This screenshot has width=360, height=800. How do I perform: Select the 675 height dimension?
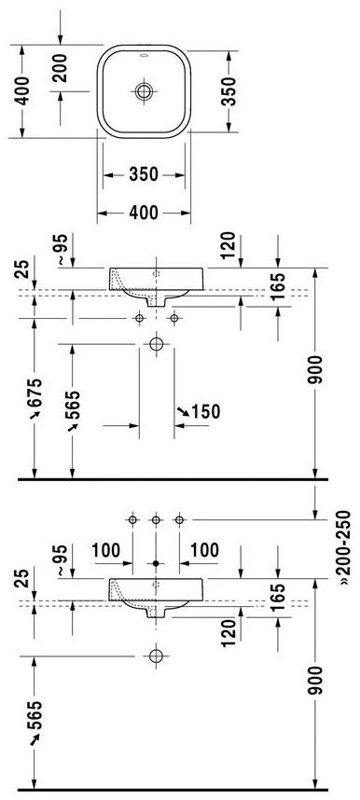[x=35, y=403]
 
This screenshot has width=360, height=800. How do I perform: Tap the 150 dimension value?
[x=204, y=411]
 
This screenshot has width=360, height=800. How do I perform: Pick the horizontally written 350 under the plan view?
[x=143, y=174]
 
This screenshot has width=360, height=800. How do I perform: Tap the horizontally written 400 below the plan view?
[x=143, y=214]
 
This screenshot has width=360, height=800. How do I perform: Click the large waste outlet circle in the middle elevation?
[x=156, y=345]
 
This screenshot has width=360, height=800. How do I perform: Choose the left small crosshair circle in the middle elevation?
[x=139, y=318]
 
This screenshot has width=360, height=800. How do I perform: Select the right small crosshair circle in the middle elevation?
[x=174, y=318]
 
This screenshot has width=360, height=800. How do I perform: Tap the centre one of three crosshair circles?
[x=156, y=519]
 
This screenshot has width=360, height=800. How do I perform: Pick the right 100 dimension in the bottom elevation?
[x=205, y=551]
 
